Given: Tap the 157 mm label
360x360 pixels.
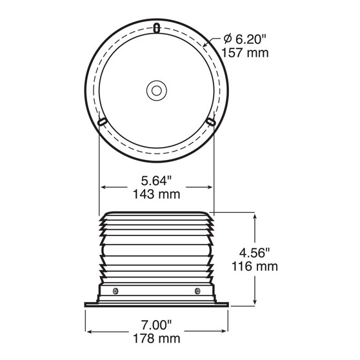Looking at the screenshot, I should click(x=245, y=53).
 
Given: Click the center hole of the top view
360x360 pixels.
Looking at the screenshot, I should click(x=155, y=90).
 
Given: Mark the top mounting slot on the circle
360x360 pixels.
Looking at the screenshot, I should click(x=156, y=27).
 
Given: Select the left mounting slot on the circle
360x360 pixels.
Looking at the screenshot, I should click(x=101, y=121).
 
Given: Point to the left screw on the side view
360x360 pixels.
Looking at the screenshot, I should click(x=114, y=291).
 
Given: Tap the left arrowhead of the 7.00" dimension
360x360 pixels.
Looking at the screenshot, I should click(x=88, y=332).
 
